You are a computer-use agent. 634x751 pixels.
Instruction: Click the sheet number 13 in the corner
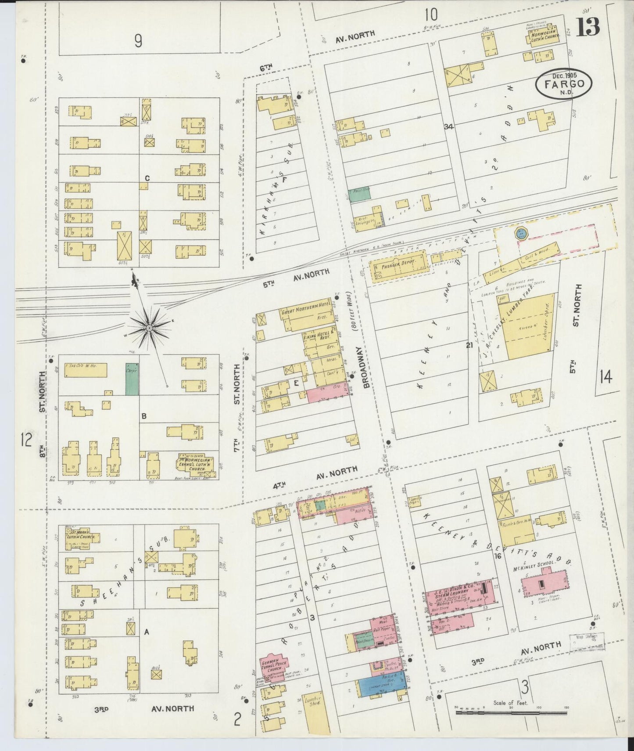point(588,27)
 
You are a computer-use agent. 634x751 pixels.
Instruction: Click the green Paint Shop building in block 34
point(359,195)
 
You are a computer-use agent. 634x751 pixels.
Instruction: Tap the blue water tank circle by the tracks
point(521,232)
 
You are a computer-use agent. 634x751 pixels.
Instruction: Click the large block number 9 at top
point(138,41)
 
